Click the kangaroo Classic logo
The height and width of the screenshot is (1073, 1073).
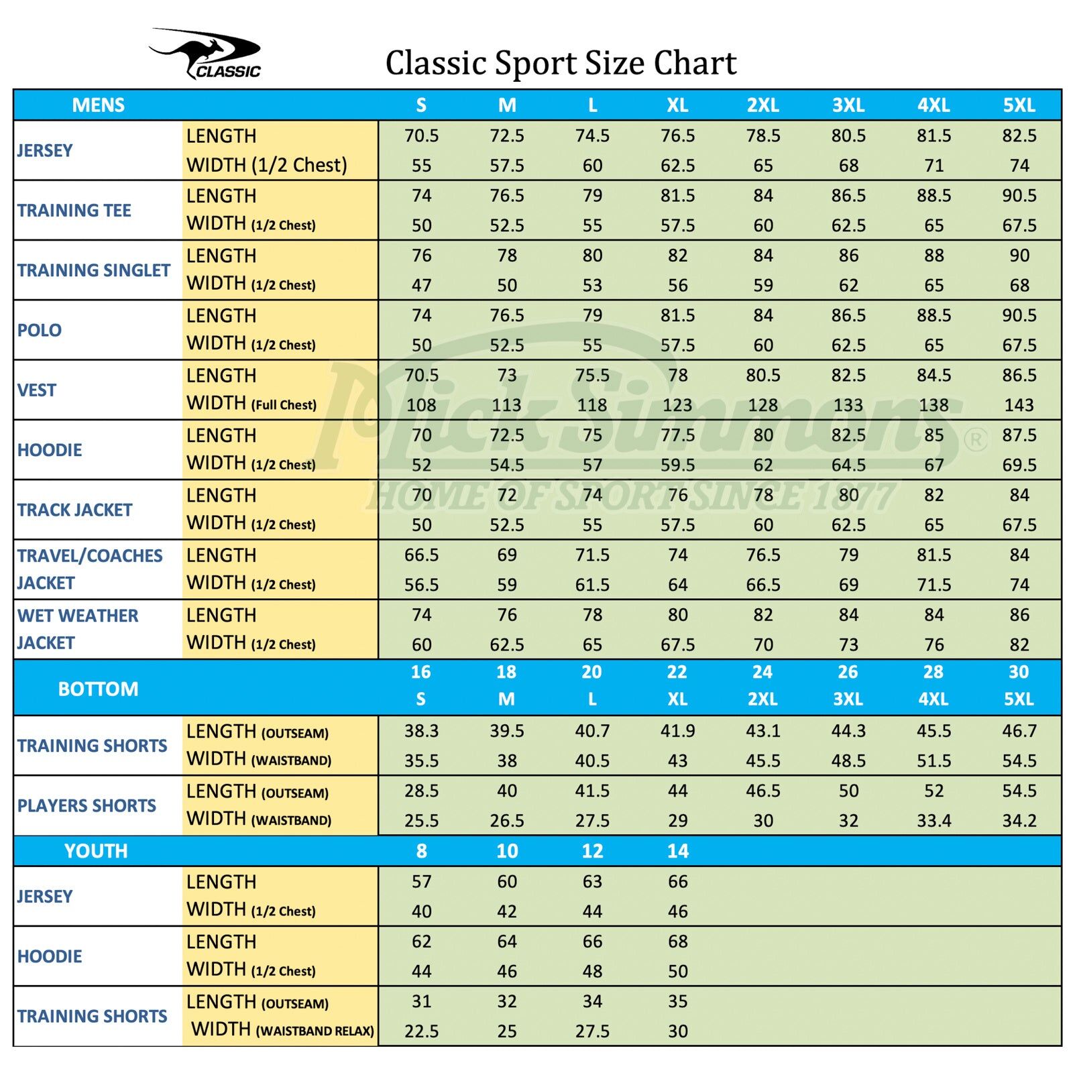click(x=205, y=54)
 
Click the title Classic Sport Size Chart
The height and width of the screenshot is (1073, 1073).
click(x=561, y=63)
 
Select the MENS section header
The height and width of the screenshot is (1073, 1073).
click(x=98, y=105)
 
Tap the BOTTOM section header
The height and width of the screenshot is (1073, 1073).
click(x=98, y=689)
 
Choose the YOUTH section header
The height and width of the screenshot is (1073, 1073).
click(x=96, y=851)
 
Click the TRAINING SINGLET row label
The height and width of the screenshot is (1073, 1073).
click(x=94, y=270)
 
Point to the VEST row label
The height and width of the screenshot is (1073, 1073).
click(x=37, y=390)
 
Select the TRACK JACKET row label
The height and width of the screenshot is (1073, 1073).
click(x=74, y=510)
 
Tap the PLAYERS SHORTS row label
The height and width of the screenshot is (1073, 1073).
click(x=87, y=805)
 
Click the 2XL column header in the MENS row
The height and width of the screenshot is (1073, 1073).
click(x=763, y=105)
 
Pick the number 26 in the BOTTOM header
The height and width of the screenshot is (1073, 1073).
click(x=848, y=672)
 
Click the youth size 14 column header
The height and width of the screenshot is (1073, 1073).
click(x=677, y=851)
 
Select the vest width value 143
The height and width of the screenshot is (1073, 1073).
click(x=1019, y=405)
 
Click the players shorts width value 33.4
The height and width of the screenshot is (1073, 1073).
click(x=934, y=821)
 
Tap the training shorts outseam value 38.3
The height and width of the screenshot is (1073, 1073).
click(x=421, y=731)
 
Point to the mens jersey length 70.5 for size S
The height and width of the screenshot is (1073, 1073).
click(x=421, y=136)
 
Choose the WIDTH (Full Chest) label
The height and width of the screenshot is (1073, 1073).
click(x=251, y=404)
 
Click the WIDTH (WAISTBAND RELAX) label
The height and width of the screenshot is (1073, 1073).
click(x=282, y=1029)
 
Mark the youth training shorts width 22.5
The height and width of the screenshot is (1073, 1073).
click(x=421, y=1031)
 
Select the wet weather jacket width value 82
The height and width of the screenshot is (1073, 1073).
click(x=1019, y=645)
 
